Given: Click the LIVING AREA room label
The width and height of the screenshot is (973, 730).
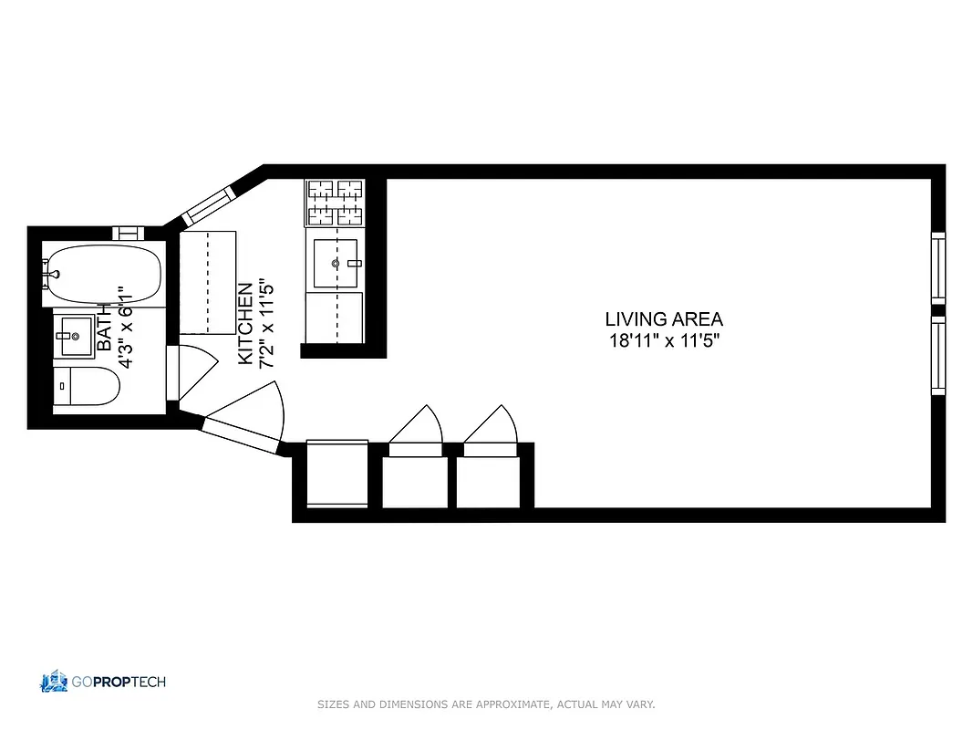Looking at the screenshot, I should point(664,319).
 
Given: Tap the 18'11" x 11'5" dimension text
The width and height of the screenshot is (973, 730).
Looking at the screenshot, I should point(664,343).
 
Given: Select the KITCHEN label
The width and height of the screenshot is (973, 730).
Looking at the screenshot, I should point(245,324).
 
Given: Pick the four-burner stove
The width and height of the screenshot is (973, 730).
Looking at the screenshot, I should point(335,203).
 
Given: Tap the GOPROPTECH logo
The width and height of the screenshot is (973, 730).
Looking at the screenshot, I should point(103,682).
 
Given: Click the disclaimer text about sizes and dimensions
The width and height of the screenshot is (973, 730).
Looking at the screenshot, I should point(486,704).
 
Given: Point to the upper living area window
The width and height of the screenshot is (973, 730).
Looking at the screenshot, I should point(937,267).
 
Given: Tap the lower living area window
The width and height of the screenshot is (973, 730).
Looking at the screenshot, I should point(937,356).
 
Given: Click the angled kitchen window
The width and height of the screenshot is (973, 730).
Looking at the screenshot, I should point(210,206).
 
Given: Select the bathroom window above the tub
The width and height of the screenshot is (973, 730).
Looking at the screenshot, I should point(129,234).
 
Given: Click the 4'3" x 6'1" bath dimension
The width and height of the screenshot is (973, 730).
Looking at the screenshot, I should point(127,326).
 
